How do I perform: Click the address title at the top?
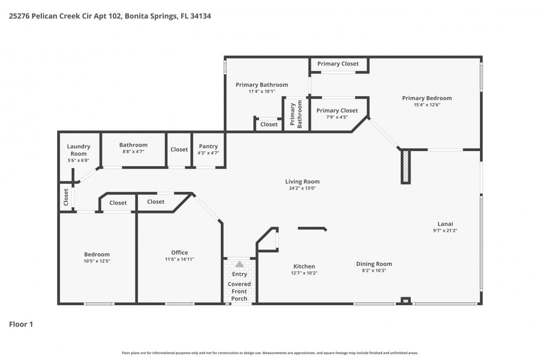pos(110,16)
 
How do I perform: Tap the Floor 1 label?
pos(21,324)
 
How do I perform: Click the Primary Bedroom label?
pos(426,98)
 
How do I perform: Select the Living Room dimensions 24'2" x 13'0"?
pos(302,188)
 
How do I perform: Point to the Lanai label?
pos(445,224)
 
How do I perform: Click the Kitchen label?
pos(304,266)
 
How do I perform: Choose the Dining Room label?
pos(374,264)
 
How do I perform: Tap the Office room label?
pos(179,252)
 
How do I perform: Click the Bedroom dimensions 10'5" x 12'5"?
pos(96,261)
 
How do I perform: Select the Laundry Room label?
pos(78,150)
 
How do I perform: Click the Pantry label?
pos(208,146)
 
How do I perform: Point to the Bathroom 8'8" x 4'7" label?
pos(133,145)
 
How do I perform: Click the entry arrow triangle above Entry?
pos(239,264)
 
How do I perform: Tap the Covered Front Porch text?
pos(239,291)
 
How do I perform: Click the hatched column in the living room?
pos(405,166)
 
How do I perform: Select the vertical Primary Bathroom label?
pos(296,114)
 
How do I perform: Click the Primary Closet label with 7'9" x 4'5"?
pos(336,110)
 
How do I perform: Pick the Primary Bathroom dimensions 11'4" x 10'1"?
pos(261,91)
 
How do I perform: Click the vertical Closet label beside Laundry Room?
pos(65,197)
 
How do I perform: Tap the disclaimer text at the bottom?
pos(270,352)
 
